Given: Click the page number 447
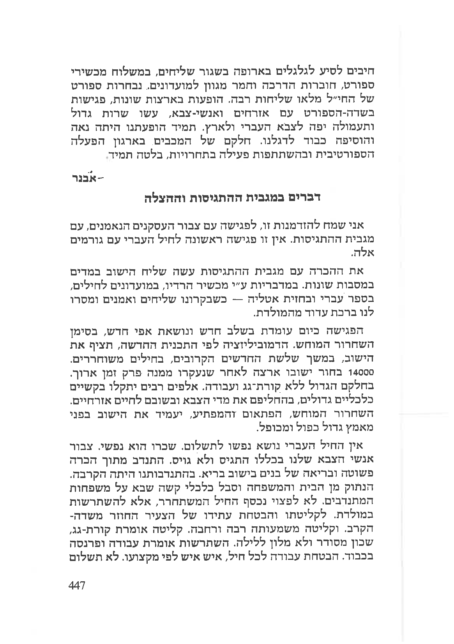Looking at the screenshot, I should click(77, 585).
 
